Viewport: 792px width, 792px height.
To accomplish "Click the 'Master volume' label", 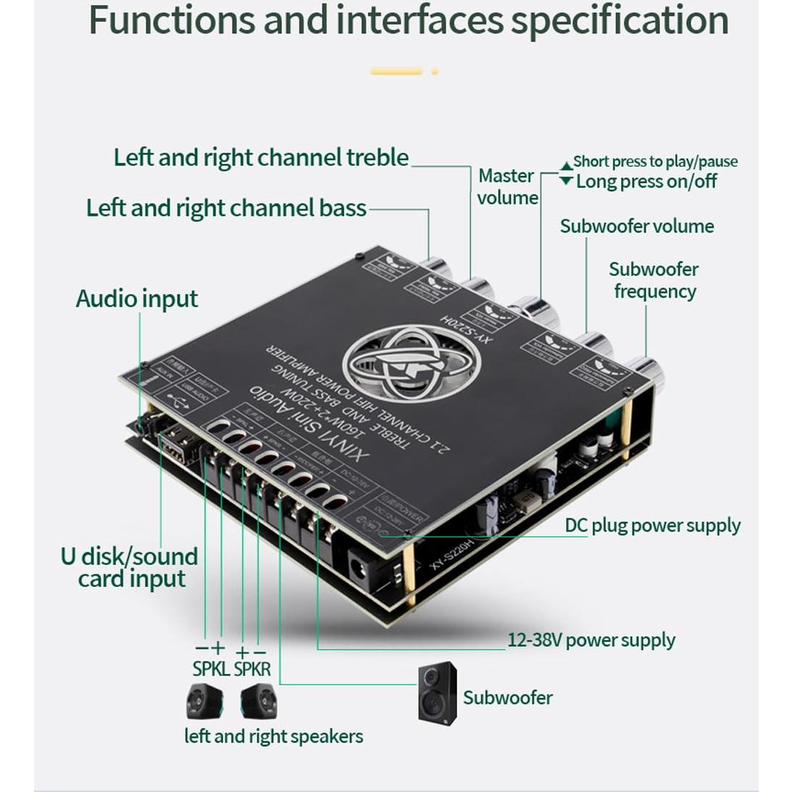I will click(507, 186).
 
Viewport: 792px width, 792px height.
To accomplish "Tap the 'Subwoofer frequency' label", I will click(653, 280).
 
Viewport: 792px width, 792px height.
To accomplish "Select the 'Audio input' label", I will click(136, 299).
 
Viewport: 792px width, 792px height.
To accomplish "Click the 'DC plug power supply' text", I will click(652, 525).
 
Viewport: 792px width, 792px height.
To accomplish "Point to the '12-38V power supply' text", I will click(591, 640).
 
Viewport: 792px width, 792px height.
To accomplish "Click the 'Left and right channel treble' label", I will click(261, 157).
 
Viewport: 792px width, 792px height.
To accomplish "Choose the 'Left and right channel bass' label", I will click(226, 208).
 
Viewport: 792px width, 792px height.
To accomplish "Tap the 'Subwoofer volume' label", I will click(636, 226).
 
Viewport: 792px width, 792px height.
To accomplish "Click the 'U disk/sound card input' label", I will click(130, 567).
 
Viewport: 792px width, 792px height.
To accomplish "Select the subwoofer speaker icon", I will click(437, 693).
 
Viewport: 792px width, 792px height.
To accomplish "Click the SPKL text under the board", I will click(210, 668).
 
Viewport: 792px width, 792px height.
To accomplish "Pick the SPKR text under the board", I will click(252, 668).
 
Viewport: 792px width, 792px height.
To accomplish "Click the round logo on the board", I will click(411, 363).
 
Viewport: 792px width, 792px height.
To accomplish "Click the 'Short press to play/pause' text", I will click(655, 162).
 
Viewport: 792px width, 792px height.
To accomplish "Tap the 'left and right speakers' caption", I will click(273, 736).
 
